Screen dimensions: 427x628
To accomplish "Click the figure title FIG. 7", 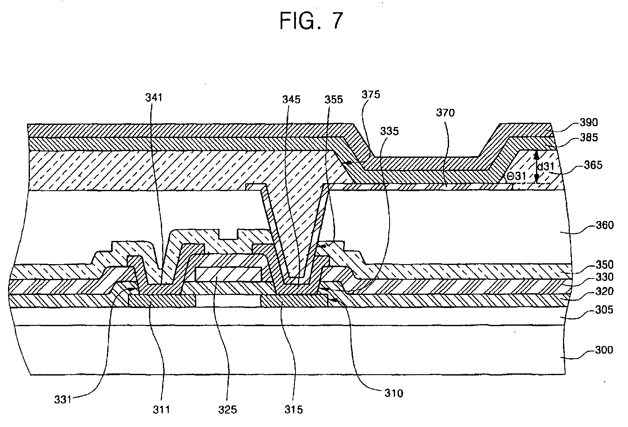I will coord(311,21).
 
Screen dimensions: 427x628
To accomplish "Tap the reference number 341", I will coord(154,98).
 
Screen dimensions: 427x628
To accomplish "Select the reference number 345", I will coord(292,99).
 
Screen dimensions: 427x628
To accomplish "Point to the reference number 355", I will coord(333,100).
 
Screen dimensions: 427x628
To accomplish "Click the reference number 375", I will coord(371,94).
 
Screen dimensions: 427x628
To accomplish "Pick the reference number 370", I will coord(446,113).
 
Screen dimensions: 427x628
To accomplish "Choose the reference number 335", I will coord(389,131).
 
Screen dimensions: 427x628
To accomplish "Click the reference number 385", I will coord(589,137).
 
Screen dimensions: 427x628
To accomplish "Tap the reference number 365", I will coord(593,165).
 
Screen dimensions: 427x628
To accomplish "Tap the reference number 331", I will coord(62,399).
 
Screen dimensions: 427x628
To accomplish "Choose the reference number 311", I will coord(162,409).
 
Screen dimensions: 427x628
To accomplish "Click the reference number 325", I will coord(227,409).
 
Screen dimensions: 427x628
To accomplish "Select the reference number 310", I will coord(393,393).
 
